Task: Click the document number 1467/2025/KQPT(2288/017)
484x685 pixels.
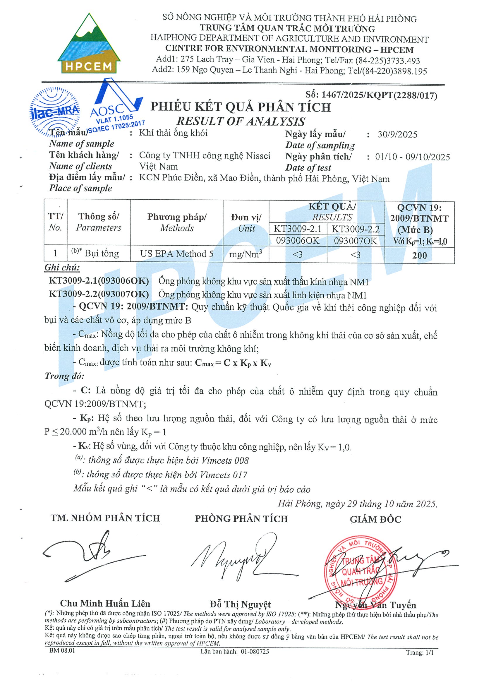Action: coord(371,95)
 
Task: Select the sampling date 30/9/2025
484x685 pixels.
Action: coord(397,135)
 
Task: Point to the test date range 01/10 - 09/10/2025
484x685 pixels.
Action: coord(412,157)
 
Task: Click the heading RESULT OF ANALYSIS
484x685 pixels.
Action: coord(241,121)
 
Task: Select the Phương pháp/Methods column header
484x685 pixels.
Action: coord(177,222)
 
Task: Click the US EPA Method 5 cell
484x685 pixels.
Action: coord(177,254)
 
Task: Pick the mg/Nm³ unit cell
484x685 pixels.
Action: coord(246,254)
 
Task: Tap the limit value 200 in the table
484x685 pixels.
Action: coord(419,256)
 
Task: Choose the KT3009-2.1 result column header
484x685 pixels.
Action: coord(298,229)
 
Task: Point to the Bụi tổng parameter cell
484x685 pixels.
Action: coord(98,254)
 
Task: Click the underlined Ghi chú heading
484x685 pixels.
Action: coord(62,268)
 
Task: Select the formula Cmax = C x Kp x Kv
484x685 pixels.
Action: coord(233,363)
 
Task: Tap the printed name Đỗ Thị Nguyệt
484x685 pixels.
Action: coord(240,604)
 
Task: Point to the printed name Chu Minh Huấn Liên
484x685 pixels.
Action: coord(105,604)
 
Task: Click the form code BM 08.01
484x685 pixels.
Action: coord(62,651)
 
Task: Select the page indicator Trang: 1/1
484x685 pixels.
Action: coord(420,653)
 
